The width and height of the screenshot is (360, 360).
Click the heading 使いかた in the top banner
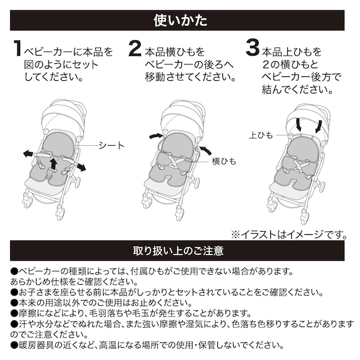coord(180,20)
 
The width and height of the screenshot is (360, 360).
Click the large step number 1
coord(18,51)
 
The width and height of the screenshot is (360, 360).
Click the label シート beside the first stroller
coord(111,145)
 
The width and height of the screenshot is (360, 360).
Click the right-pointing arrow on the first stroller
coord(81,165)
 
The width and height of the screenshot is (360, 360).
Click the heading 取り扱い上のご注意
coord(180,251)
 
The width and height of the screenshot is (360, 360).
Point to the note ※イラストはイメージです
coord(288,234)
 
